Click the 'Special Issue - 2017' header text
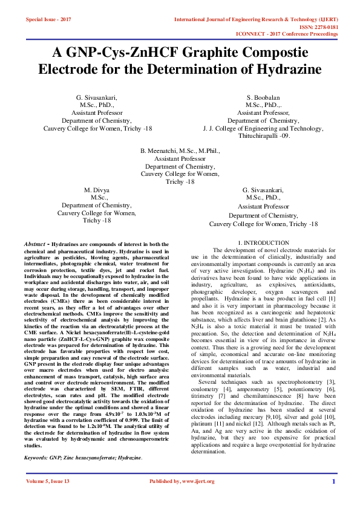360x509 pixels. (48, 19)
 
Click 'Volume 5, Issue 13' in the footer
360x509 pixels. (48, 498)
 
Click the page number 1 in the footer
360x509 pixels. (333, 498)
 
